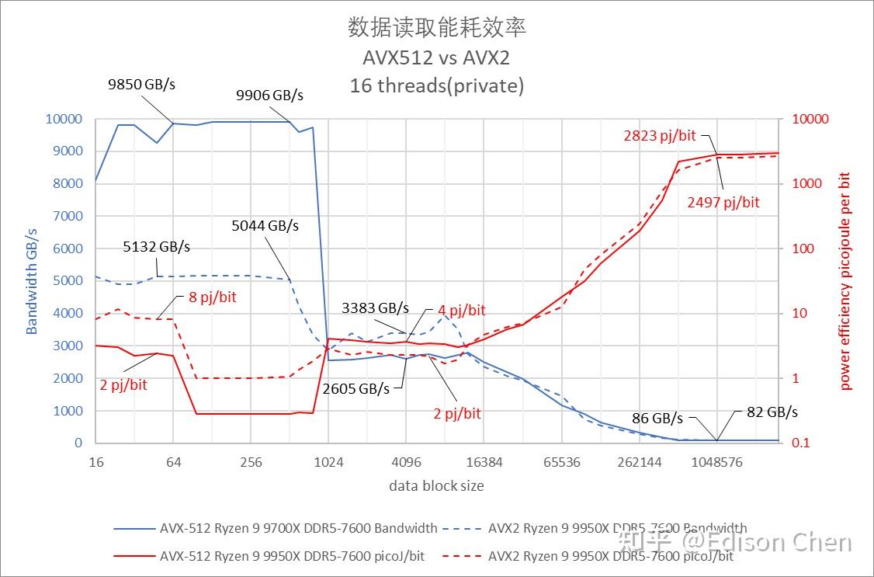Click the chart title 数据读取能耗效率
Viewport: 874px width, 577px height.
437,28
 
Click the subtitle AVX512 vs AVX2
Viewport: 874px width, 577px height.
436,57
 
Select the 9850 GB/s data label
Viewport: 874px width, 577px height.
141,84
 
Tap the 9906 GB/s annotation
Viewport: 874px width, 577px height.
269,96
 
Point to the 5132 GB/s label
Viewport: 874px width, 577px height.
156,247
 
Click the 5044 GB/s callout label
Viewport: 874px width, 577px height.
265,226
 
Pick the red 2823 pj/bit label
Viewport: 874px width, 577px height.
660,135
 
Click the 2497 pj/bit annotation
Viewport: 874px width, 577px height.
723,202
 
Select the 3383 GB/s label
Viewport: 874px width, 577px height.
375,308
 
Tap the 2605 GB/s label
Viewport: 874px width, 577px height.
355,388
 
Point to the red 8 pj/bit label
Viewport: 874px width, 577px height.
212,297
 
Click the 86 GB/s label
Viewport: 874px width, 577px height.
657,418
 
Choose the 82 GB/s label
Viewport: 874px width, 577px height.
772,412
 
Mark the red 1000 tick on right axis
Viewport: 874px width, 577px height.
808,184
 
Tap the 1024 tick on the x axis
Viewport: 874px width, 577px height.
328,462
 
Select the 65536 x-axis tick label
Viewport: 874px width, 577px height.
561,462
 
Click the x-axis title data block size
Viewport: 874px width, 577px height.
436,486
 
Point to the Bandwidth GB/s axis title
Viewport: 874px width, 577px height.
32,280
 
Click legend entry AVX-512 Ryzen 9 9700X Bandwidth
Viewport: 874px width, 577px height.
276,528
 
